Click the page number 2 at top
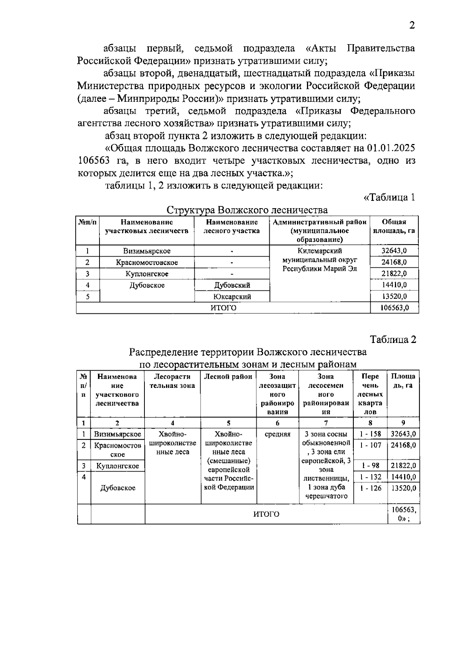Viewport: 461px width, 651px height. [412, 26]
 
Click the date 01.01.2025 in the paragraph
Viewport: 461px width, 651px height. [391, 148]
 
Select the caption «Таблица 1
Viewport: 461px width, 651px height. [389, 197]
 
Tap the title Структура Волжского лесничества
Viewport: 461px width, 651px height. [247, 210]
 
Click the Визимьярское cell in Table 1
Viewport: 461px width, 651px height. [147, 251]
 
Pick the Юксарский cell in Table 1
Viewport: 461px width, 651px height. [232, 297]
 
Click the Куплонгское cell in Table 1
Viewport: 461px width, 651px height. [147, 274]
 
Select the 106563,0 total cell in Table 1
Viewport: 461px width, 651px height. [394, 308]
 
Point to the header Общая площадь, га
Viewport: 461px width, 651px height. [394, 227]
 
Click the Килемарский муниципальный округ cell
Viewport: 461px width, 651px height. [320, 260]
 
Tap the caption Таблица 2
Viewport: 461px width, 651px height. [393, 340]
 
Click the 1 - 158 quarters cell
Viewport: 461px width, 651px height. [370, 434]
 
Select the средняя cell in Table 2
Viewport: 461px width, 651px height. [277, 434]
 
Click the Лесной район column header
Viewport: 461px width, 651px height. [228, 377]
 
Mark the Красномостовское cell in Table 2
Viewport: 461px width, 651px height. [118, 450]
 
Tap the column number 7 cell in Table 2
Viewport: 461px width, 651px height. [326, 423]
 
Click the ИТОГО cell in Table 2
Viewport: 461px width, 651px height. [266, 514]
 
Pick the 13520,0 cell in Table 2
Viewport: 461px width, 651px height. [403, 488]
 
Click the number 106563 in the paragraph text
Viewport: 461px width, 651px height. [93, 161]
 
